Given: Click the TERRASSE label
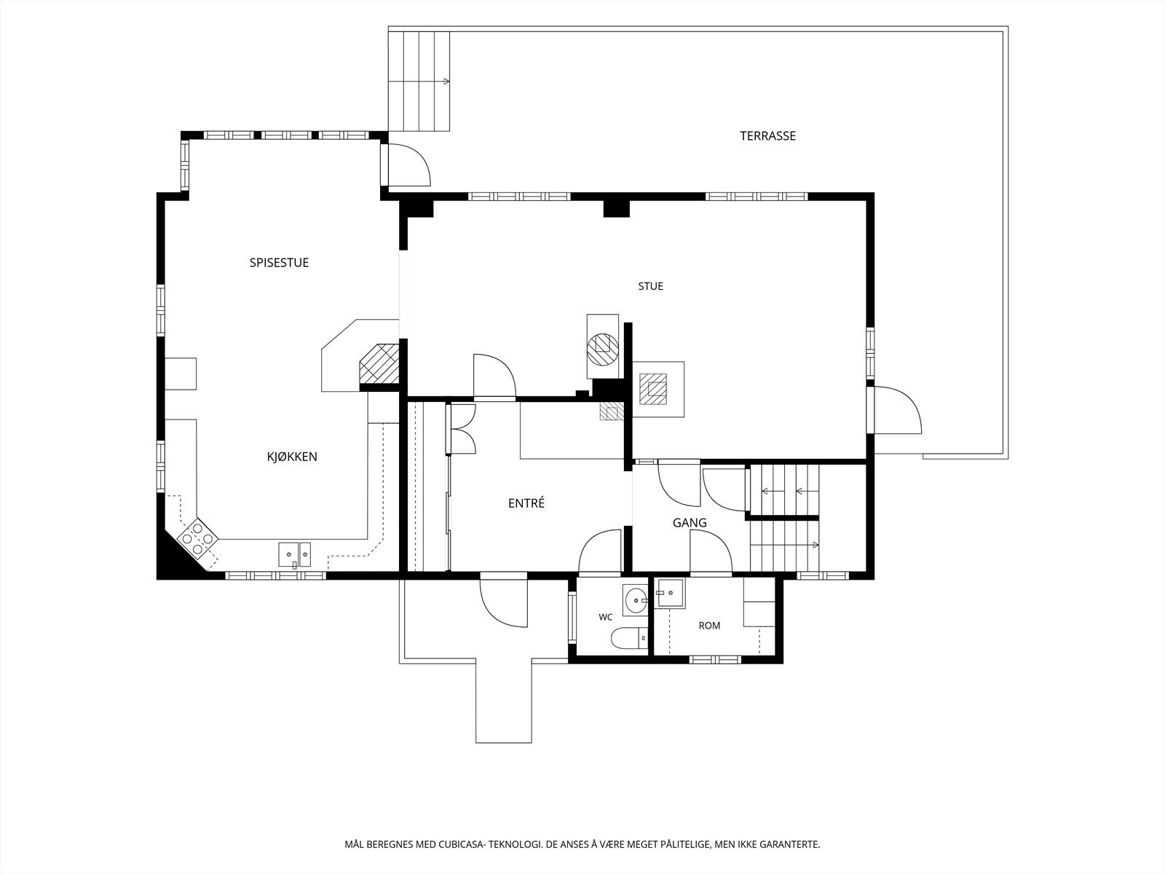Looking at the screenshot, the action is [767, 136].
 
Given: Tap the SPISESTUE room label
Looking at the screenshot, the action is [279, 263].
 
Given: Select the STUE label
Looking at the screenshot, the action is [651, 286].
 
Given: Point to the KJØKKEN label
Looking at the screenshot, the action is [292, 457].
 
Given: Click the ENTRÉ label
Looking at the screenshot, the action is [526, 503].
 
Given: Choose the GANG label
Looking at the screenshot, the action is [690, 523].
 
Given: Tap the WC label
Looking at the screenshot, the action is [606, 617].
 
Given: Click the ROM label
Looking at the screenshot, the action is [710, 626].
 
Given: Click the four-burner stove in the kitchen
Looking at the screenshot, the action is [197, 539].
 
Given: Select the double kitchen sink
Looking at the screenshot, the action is [295, 555].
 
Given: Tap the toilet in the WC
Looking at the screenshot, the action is [630, 638].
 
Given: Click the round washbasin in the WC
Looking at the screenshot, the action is [635, 600].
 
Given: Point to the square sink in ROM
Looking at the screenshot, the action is [670, 593].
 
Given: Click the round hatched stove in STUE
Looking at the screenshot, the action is [603, 348].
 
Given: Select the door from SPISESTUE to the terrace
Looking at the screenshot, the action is [406, 165].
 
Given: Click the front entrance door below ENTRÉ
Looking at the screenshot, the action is [504, 599].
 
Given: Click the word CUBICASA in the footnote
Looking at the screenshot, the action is [461, 844].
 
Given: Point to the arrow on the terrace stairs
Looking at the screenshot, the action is [419, 81].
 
